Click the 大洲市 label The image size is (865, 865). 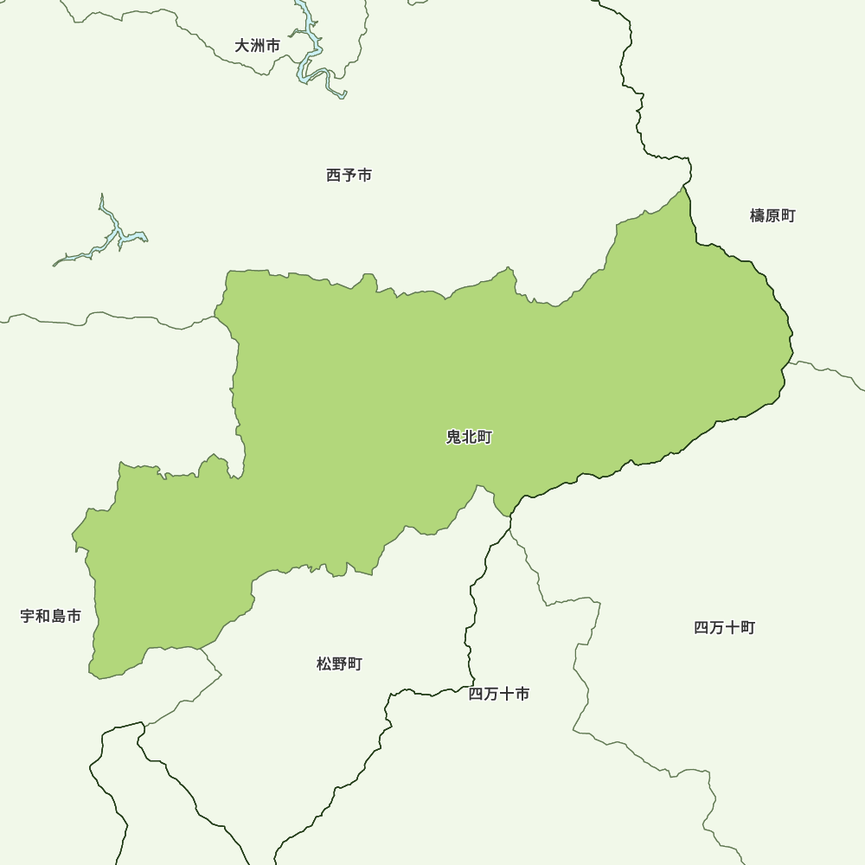[x=258, y=46]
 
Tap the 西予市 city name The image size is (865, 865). [x=349, y=175]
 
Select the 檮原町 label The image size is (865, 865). [x=772, y=215]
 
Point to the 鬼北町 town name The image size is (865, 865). [x=469, y=437]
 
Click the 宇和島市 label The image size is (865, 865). [x=51, y=616]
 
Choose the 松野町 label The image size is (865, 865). [x=339, y=663]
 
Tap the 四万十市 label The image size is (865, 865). [x=499, y=694]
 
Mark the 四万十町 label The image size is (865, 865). [x=725, y=627]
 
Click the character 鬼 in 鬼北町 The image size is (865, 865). [x=453, y=437]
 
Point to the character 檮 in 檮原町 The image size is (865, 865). [x=758, y=215]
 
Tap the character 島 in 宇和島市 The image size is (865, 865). [x=59, y=616]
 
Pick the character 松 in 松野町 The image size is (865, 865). [x=324, y=663]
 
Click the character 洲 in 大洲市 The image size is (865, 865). [x=258, y=46]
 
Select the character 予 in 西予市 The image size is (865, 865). [x=349, y=175]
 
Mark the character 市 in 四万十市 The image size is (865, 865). [x=522, y=694]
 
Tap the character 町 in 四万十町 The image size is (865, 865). [x=748, y=627]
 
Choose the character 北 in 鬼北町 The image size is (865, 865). [x=469, y=437]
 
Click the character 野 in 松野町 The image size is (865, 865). [x=339, y=663]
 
